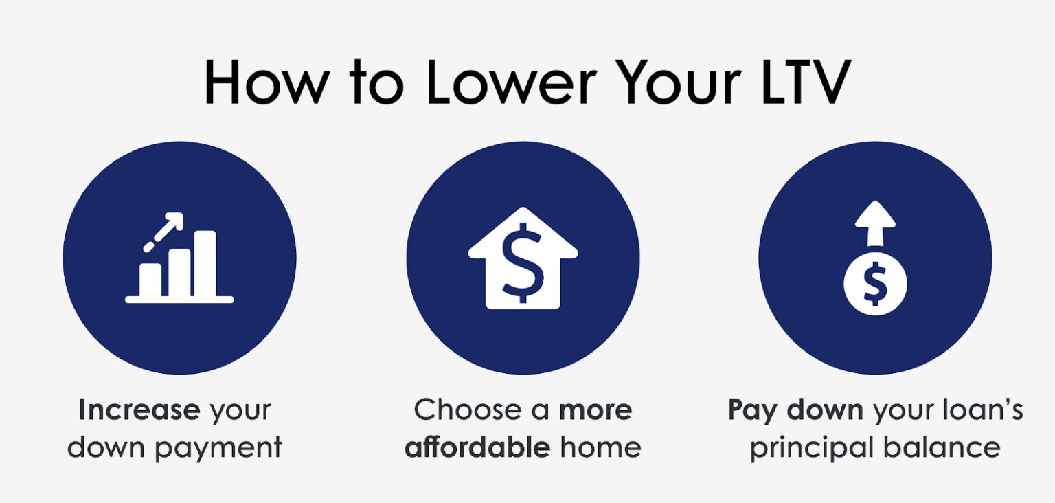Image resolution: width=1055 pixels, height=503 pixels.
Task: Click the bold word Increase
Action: click(x=139, y=410)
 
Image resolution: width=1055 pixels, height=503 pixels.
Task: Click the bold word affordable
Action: click(x=477, y=447)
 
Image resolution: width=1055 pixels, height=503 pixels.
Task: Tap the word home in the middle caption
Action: click(x=600, y=447)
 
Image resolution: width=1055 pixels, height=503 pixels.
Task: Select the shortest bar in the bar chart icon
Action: click(x=150, y=278)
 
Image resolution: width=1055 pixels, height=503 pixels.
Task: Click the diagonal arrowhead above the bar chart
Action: click(x=177, y=221)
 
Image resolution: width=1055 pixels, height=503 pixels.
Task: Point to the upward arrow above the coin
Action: click(x=874, y=223)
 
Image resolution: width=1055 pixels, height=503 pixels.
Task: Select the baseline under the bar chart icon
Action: click(x=179, y=300)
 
